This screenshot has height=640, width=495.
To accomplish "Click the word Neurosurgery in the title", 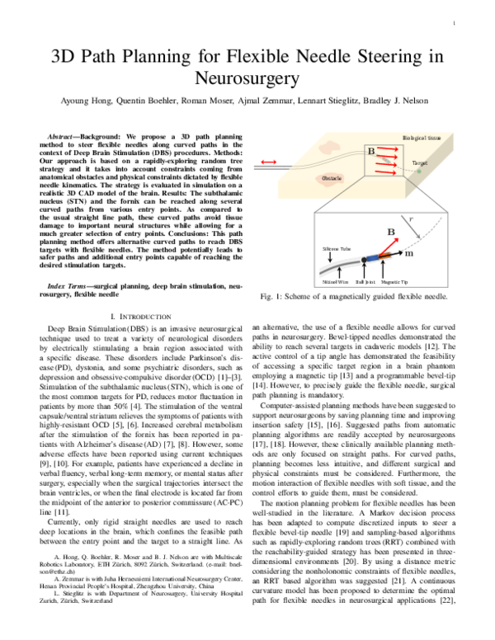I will (247, 78).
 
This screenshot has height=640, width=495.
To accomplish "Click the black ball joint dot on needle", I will (363, 262).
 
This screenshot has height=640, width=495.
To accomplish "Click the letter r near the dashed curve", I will (436, 220).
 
